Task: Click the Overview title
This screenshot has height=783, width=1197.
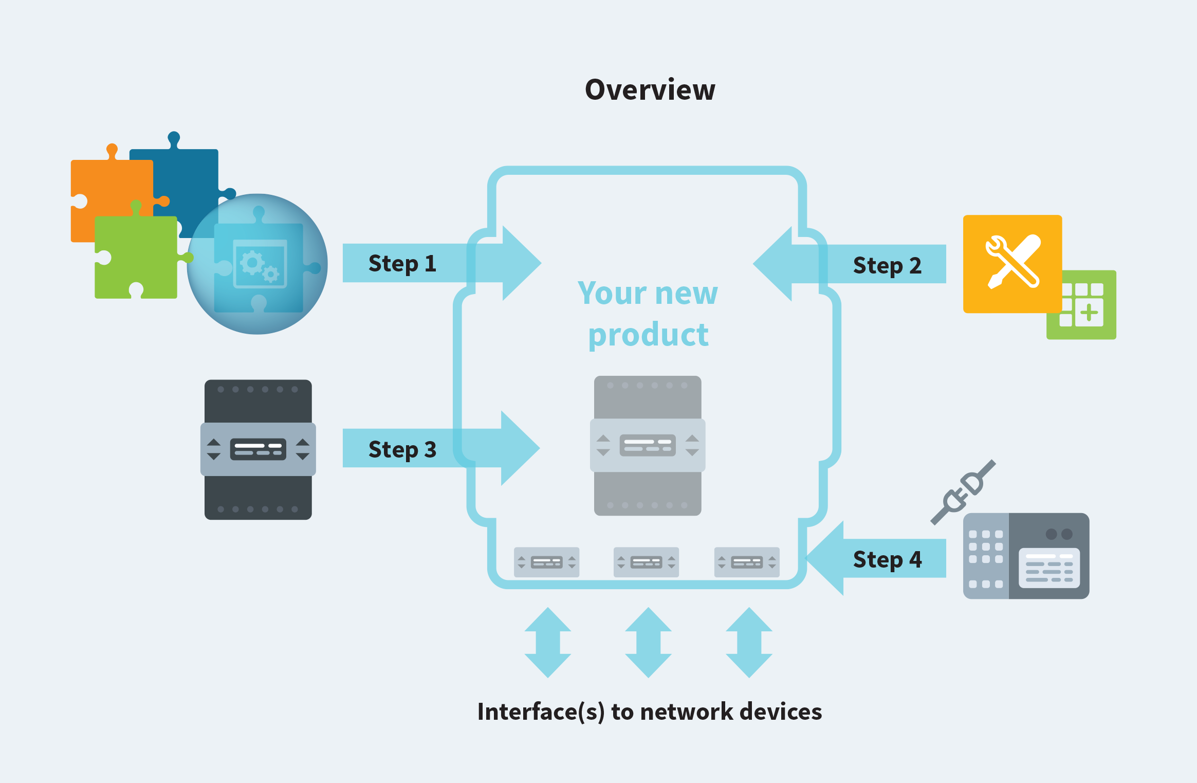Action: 650,90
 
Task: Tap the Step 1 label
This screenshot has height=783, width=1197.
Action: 402,264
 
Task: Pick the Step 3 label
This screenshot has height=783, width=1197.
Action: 402,449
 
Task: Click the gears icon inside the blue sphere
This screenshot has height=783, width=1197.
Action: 260,265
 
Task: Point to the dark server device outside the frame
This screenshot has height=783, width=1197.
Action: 258,450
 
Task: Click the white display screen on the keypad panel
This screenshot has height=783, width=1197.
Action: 1048,568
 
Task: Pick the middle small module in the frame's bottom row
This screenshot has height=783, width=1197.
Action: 646,562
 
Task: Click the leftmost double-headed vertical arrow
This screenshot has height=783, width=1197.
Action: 547,643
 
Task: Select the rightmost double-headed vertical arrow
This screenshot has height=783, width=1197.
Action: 749,643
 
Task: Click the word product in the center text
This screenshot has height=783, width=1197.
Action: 649,335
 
